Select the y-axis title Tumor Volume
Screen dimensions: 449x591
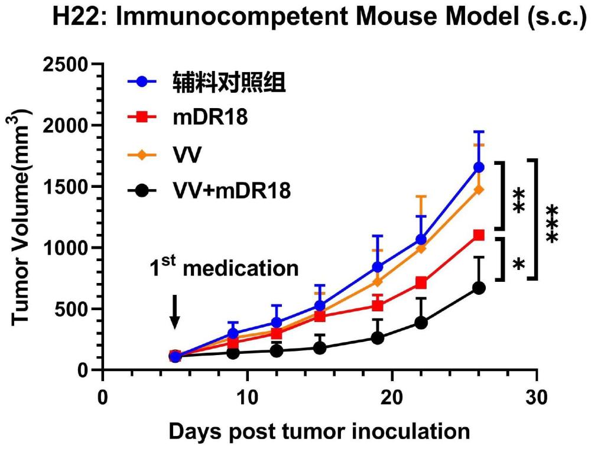(x=22, y=216)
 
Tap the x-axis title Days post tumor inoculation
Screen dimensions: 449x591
(x=320, y=431)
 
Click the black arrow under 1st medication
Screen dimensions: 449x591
(x=174, y=311)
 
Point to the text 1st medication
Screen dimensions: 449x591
(x=223, y=268)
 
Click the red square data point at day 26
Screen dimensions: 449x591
(x=479, y=235)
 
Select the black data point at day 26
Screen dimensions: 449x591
(x=479, y=288)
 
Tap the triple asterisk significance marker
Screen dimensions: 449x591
(x=551, y=224)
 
